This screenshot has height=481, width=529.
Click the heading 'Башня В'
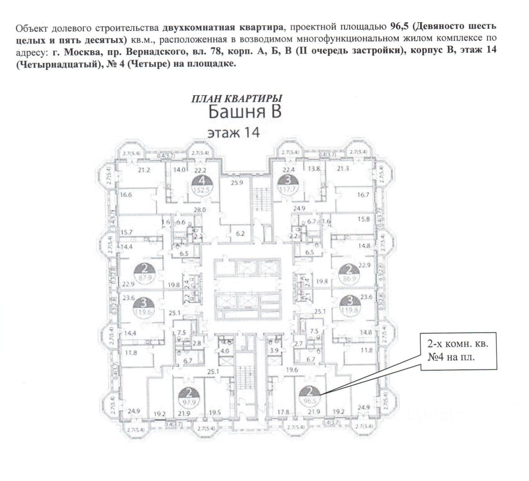coord(245,112)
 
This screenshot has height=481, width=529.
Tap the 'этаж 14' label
coord(233,133)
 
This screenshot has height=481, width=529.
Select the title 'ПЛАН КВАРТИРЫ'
coord(237,98)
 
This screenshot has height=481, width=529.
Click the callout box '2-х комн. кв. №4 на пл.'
coord(458,350)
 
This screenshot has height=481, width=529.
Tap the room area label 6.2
coord(240,234)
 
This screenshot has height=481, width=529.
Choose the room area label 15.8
coord(364,219)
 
